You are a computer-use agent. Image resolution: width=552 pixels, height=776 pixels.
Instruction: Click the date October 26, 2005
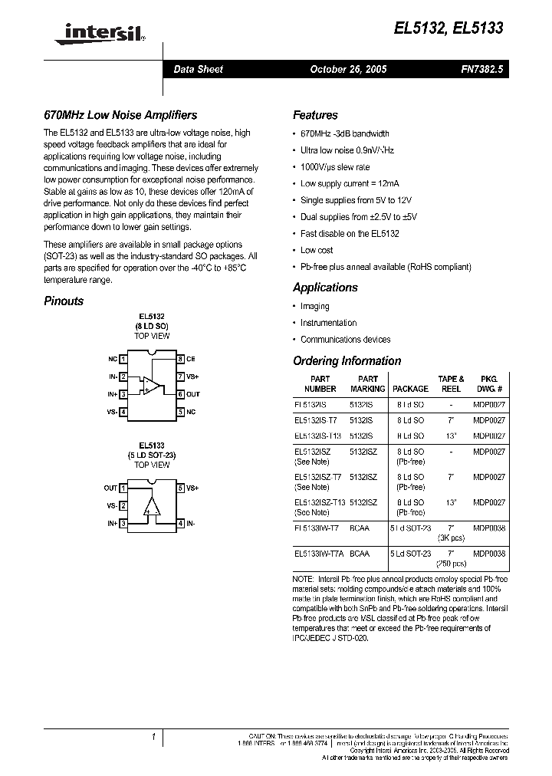348,69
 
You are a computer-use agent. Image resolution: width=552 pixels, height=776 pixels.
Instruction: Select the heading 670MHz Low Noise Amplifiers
120,115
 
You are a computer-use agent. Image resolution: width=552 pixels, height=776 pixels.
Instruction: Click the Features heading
315,115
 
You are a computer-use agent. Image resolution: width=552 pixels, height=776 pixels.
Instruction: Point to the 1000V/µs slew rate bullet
335,167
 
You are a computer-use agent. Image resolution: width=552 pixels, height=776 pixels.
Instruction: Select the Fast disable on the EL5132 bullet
350,234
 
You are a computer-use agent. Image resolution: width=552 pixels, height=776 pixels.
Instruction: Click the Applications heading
325,288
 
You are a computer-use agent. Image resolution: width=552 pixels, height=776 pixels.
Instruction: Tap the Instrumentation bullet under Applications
328,323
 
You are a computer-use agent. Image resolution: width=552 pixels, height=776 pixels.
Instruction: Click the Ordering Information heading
347,361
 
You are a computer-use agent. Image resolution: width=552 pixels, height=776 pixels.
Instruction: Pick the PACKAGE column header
410,389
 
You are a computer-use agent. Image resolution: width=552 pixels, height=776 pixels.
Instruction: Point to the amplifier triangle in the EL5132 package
152,386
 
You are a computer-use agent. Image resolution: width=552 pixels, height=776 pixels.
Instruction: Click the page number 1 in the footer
153,737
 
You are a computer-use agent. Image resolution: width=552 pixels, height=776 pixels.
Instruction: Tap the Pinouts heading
64,301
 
